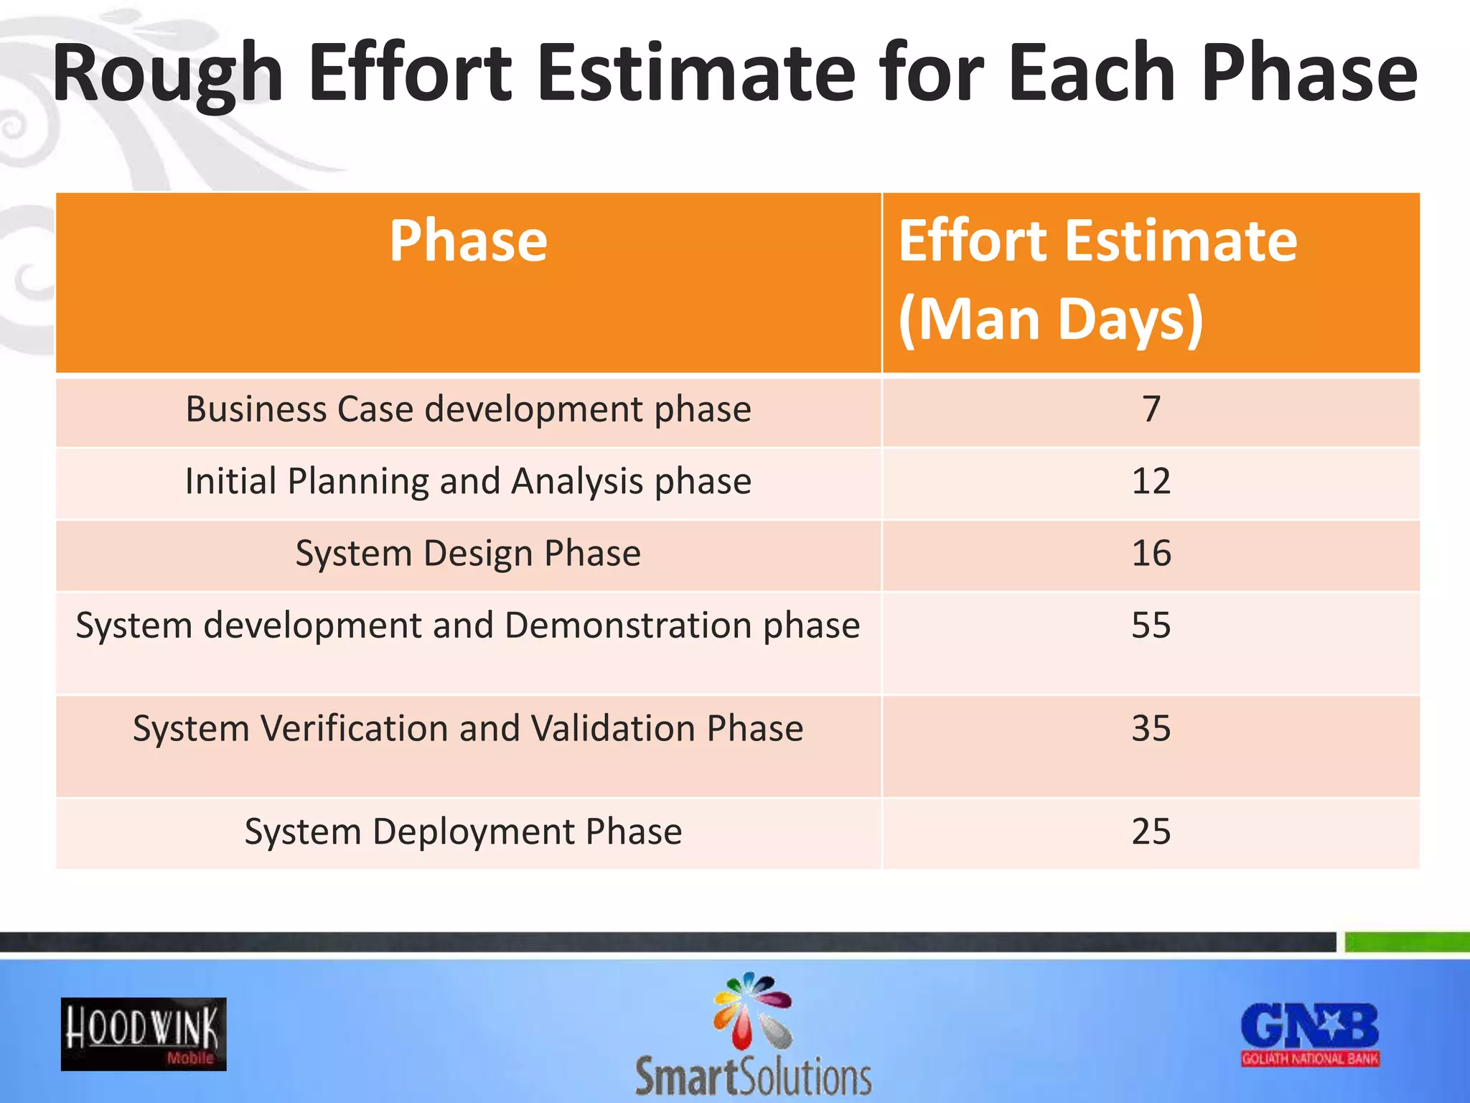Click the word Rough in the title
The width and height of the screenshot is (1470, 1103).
point(167,74)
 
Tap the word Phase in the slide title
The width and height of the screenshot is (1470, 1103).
point(1309,74)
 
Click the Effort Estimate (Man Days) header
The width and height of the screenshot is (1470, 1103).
point(1097,280)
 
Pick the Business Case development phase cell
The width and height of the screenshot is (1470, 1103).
point(468,410)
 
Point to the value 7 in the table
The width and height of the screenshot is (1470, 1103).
point(1151,410)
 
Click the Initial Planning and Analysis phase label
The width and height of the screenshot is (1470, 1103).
point(468,482)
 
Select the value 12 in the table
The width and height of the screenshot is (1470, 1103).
point(1151,482)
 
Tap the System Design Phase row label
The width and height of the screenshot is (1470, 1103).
point(468,554)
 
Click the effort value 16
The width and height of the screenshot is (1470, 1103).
point(1151,554)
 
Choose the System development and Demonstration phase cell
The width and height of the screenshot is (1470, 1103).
point(468,625)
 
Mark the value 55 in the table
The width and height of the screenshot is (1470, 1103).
point(1151,625)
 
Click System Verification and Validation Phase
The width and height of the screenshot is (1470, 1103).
point(468,729)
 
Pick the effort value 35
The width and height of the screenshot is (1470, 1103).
point(1151,729)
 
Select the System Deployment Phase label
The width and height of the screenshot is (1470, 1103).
point(463,832)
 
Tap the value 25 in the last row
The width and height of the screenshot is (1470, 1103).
point(1151,832)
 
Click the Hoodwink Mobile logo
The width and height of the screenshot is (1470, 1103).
point(144,1034)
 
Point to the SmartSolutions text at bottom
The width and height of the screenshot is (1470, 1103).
point(753,1077)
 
